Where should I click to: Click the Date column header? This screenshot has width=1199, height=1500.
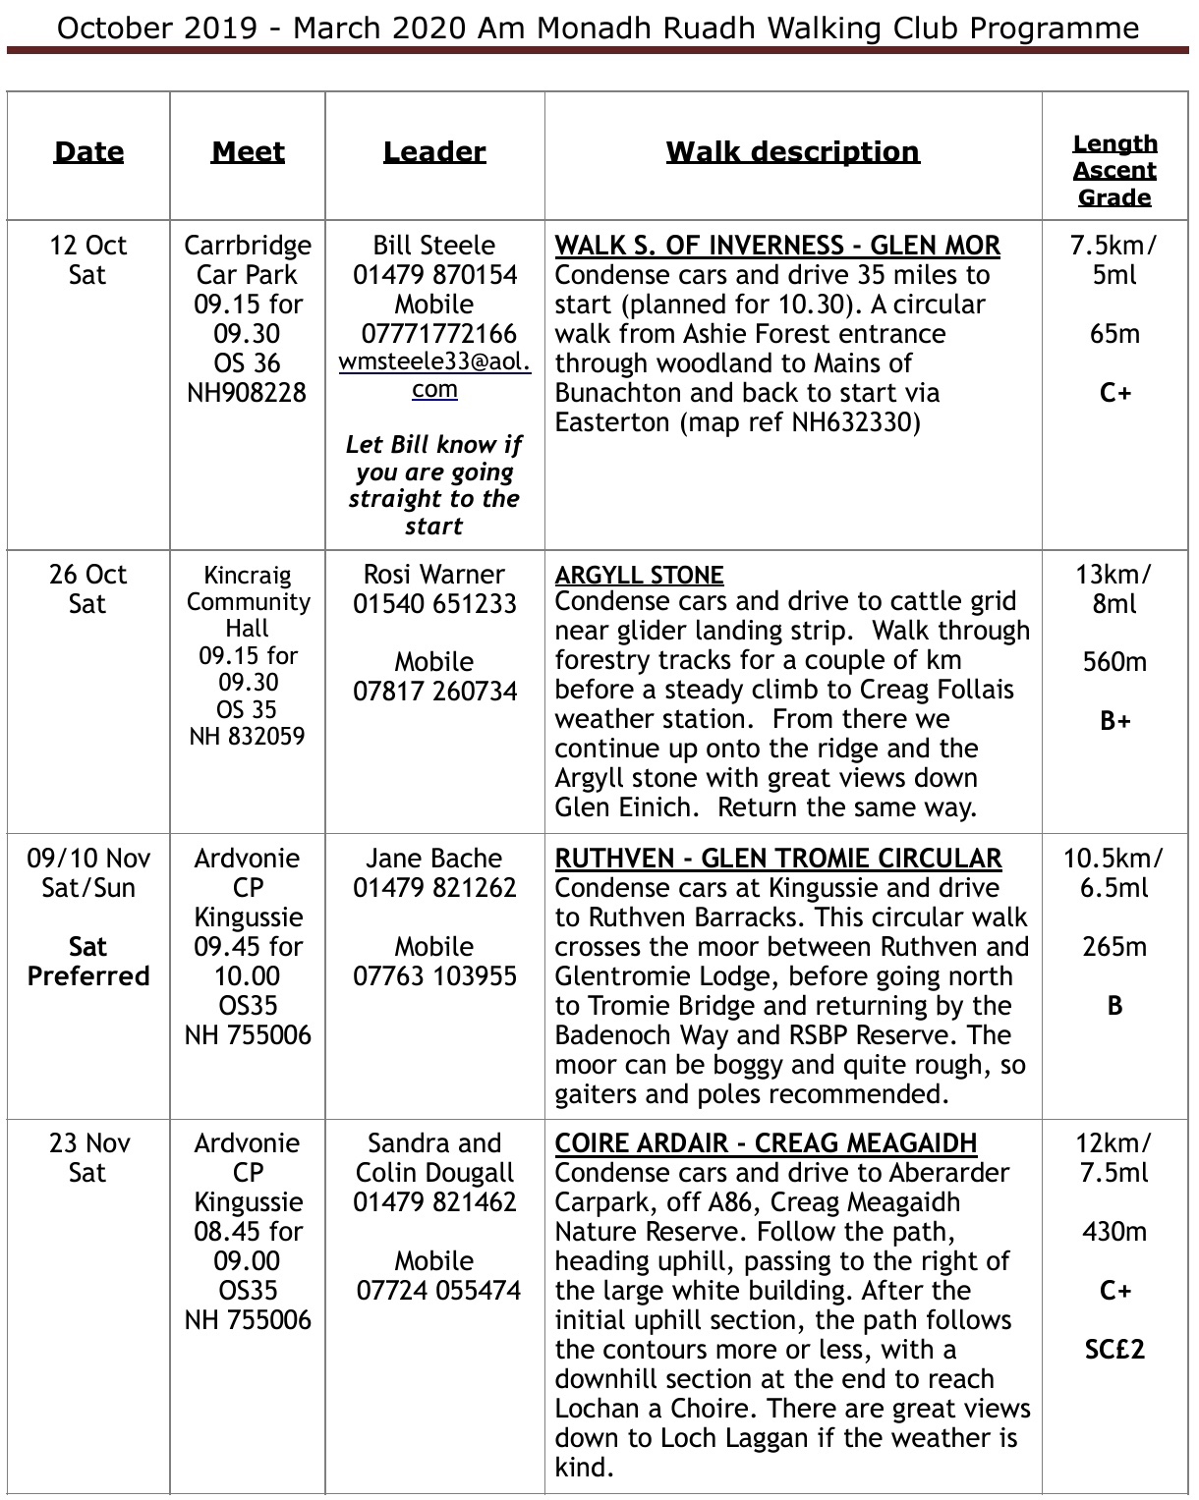[88, 152]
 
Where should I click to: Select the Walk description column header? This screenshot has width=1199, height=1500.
[792, 152]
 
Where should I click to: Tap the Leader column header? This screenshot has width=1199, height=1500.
[434, 152]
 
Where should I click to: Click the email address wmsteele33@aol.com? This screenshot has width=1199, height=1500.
[434, 374]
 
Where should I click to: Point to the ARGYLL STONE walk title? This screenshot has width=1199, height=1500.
[639, 575]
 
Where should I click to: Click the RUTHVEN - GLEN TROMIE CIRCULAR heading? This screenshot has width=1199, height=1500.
[778, 859]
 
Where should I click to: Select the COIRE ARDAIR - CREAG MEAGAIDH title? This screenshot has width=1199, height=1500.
[766, 1143]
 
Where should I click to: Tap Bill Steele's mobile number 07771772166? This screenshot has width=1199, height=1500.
[434, 334]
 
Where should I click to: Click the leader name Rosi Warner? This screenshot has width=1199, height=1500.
[434, 575]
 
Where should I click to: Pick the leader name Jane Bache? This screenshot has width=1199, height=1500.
[434, 859]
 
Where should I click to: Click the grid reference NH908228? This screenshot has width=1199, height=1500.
[248, 393]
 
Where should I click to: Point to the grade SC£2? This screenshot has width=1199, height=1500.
[1114, 1350]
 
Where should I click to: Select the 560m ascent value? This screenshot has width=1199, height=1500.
[1114, 662]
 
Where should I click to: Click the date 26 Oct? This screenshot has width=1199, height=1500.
[88, 575]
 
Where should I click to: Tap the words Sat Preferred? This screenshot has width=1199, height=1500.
[88, 962]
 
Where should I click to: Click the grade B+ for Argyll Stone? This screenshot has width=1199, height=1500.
[1114, 721]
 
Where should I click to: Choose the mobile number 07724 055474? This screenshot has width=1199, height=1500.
[438, 1291]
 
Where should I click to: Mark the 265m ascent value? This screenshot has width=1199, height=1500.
[1114, 947]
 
